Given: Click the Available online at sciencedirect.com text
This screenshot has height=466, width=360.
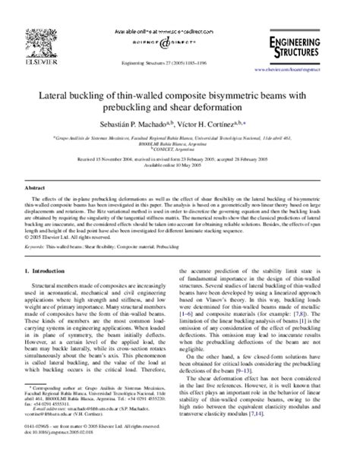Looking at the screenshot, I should [179, 8].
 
